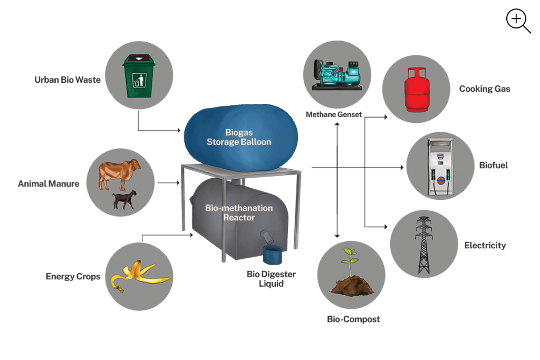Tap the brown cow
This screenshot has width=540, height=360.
pos(120,172)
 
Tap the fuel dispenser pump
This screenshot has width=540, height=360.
pos(439,167)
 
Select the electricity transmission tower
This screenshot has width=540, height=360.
pos(423,245)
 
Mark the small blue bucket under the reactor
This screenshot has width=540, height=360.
pos(273,255)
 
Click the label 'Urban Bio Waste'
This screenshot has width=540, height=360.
pos(67,80)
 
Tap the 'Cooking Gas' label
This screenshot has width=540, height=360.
pos(485,89)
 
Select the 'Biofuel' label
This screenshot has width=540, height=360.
pos(494,166)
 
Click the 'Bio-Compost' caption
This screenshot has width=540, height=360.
pos(353,319)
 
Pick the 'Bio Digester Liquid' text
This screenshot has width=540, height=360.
pos(271,279)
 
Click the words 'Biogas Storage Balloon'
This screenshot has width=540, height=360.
pos(239,137)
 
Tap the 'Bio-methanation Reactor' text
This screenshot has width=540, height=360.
pos(239,213)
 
